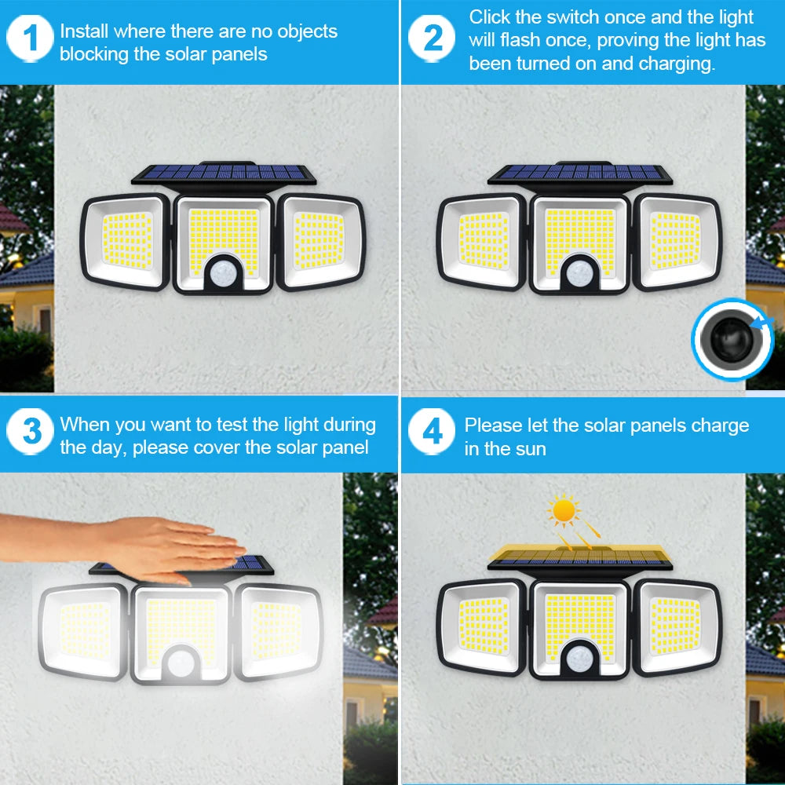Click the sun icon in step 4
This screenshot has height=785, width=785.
click(x=564, y=511)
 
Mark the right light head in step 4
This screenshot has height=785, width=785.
click(x=677, y=626)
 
